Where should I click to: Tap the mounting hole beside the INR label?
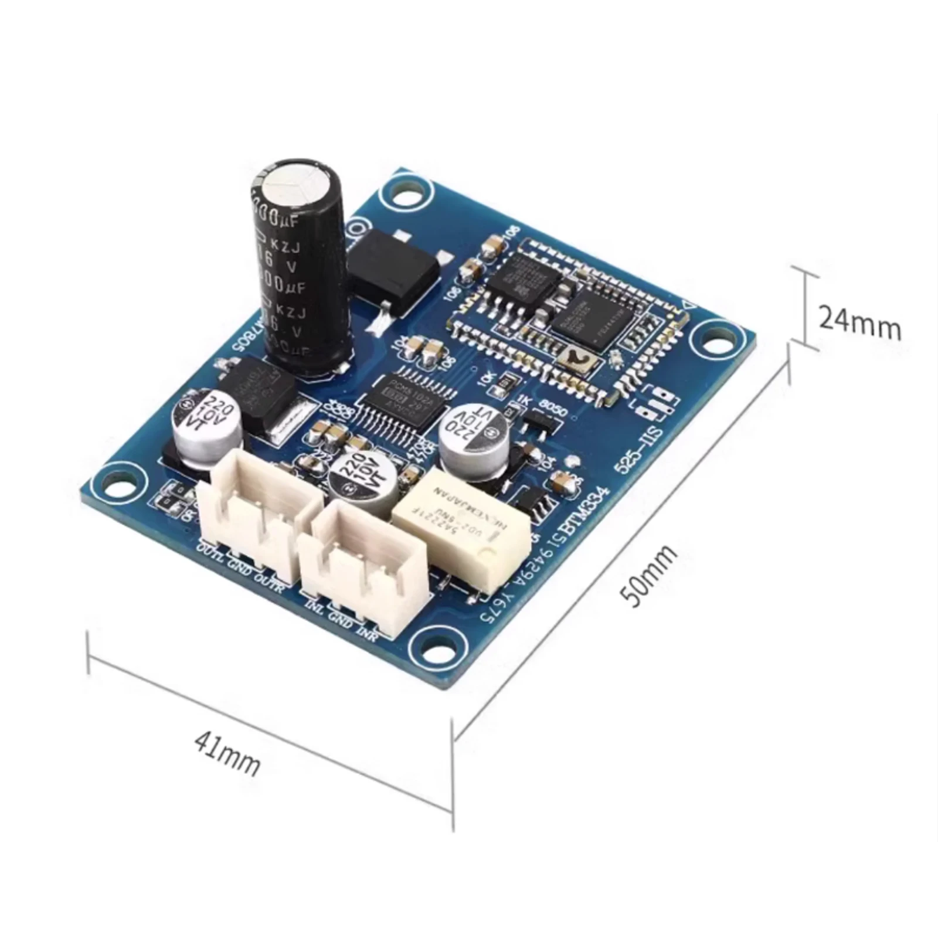pyautogui.click(x=436, y=642)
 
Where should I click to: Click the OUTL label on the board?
pyautogui.click(x=211, y=553)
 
